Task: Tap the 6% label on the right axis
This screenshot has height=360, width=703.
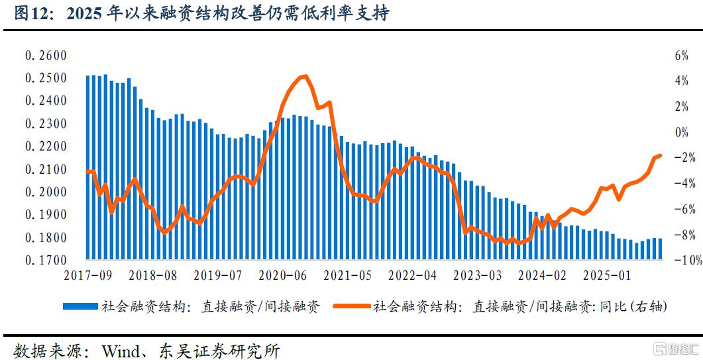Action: pos(682,56)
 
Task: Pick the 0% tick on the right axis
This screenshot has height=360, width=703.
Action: pos(682,133)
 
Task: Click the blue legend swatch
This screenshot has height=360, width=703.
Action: pos(81,306)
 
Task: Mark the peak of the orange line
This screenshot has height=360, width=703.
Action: pos(303,76)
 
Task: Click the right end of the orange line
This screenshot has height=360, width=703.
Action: pos(660,155)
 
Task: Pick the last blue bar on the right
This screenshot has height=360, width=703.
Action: pos(660,248)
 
